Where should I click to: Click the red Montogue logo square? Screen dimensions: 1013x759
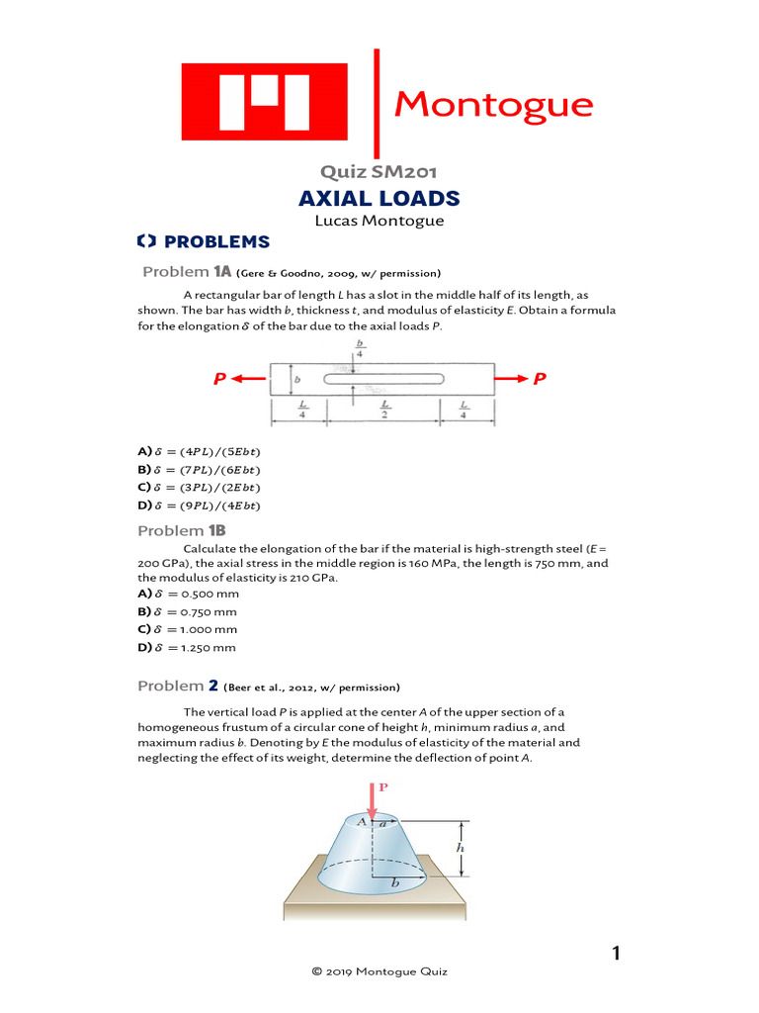[264, 103]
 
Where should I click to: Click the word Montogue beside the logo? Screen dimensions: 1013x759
[493, 104]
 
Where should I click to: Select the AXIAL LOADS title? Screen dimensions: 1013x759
[379, 199]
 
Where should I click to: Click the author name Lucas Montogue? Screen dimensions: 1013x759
[379, 221]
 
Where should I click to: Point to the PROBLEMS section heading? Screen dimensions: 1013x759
[203, 241]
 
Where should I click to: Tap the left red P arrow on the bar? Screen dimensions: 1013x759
[237, 379]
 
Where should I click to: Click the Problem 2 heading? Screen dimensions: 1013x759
[178, 686]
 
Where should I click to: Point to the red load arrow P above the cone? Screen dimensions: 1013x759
[373, 798]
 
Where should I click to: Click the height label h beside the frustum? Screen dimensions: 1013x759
[459, 848]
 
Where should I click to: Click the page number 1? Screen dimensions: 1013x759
[616, 954]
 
